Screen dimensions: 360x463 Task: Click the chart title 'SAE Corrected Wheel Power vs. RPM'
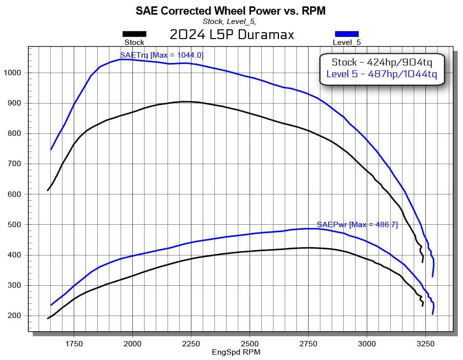230,10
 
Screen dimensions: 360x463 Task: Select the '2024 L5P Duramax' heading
231,35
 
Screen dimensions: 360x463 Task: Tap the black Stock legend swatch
134,34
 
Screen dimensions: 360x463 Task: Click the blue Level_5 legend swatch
346,34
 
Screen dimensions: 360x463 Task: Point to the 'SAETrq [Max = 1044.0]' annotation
162,55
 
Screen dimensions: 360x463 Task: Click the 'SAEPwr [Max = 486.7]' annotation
358,225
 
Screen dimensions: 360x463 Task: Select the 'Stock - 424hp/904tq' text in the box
381,62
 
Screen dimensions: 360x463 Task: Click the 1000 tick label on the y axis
12,73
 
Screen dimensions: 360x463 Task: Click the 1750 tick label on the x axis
74,343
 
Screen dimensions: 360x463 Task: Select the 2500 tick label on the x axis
250,343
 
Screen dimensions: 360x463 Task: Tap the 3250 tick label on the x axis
425,343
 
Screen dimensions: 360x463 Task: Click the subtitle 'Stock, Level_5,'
229,21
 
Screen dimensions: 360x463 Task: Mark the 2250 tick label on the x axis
191,343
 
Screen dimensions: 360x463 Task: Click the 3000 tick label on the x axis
367,343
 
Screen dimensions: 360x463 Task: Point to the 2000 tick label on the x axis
132,343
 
